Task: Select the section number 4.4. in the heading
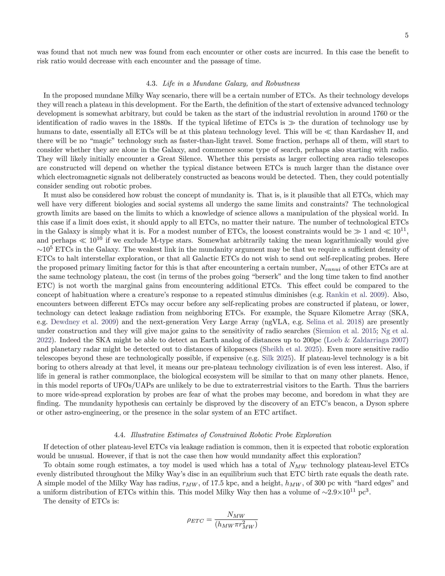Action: point(120,435)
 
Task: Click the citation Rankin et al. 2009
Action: point(355,295)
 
